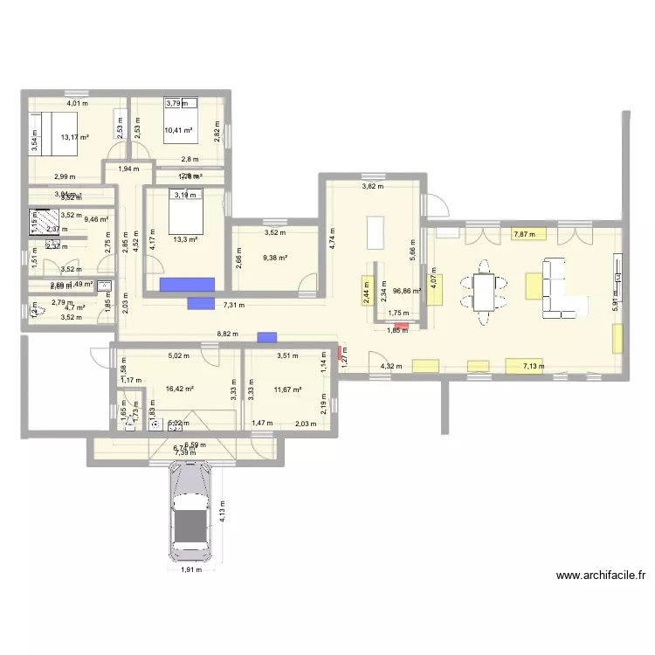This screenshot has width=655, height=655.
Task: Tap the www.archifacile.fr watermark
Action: click(x=600, y=576)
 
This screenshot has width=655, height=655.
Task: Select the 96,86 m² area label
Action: click(x=408, y=292)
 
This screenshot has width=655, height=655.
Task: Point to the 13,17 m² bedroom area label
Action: click(x=76, y=136)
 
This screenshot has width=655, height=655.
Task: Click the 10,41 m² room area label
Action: click(x=178, y=130)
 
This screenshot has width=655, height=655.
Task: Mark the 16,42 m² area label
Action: click(x=177, y=390)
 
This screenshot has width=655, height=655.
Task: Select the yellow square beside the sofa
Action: click(x=534, y=286)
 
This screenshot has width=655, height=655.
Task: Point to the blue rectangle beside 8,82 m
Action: click(x=266, y=337)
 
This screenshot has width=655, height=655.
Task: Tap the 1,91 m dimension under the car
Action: click(x=191, y=570)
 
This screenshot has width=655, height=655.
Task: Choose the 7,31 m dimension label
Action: click(x=234, y=306)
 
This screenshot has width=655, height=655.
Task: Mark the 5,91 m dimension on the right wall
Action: click(x=616, y=301)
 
